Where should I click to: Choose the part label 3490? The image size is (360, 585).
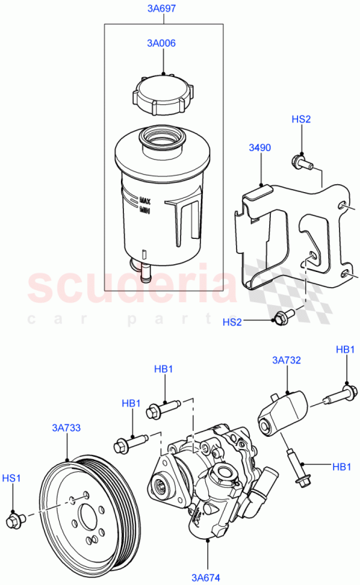click(x=259, y=148)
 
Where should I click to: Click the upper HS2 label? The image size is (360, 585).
click(x=301, y=119)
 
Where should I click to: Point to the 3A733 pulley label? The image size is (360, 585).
click(x=66, y=428)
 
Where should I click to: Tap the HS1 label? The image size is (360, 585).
click(x=12, y=477)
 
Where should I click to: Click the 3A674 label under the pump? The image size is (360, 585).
click(x=207, y=576)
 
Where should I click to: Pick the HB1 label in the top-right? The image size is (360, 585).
click(x=346, y=350)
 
